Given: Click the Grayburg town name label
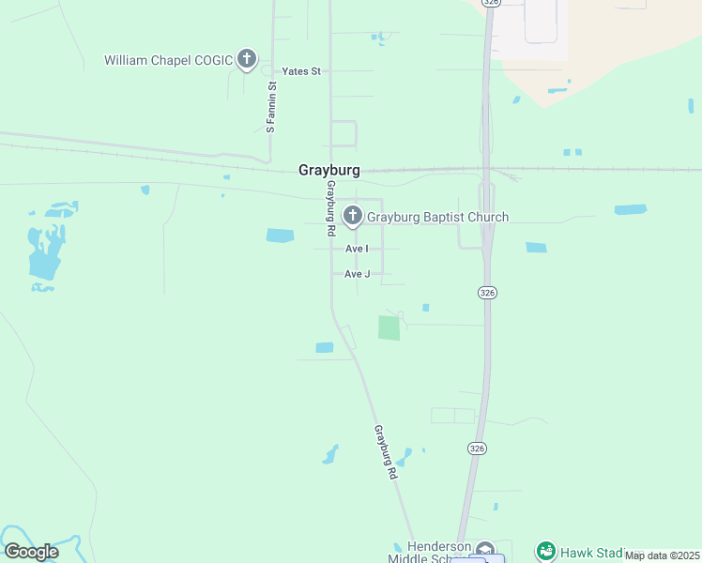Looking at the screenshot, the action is click(x=328, y=171).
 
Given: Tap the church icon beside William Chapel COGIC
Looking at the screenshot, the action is click(x=246, y=60).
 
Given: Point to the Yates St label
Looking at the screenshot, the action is click(x=301, y=71).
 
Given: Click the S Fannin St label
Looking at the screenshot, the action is click(x=270, y=106).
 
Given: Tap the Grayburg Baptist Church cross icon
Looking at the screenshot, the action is click(x=353, y=217).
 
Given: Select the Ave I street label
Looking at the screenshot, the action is click(x=357, y=249).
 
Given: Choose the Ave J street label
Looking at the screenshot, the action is click(x=358, y=274).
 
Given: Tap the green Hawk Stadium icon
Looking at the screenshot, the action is click(x=546, y=551).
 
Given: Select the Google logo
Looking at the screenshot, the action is click(x=31, y=552).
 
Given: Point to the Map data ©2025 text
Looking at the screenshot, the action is click(x=663, y=555).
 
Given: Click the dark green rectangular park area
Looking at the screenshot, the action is click(x=389, y=327).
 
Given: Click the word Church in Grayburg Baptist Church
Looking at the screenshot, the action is click(x=488, y=218).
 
